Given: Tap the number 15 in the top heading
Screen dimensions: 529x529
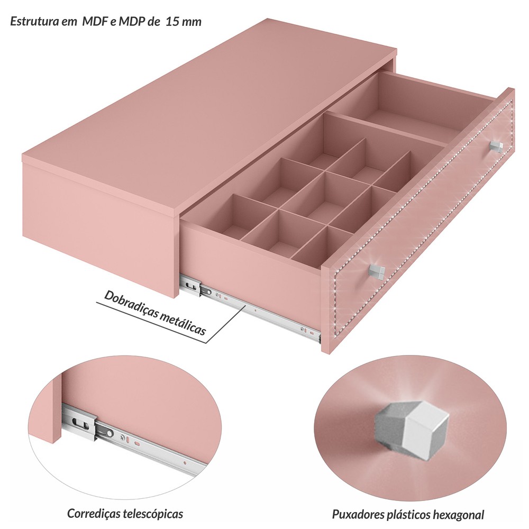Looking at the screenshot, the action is pos(172,22).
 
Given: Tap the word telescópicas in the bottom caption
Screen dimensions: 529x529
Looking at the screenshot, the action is pos(153,514).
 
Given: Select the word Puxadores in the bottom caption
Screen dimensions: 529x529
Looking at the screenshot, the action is pos(355,515).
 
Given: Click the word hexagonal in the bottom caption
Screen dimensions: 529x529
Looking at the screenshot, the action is pos(459,515).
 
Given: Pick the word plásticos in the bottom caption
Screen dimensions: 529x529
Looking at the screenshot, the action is pos(406,515).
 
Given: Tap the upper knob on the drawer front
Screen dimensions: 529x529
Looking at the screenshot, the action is pos(496,147).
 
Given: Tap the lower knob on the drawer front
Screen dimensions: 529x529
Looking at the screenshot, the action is pos(377,272).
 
